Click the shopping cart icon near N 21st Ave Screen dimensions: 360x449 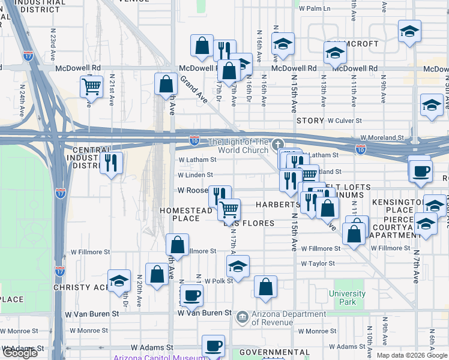coord(91,86)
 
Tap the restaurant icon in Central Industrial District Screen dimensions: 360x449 coord(111,163)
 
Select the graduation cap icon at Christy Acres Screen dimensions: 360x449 coord(119,280)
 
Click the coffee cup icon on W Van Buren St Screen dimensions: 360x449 coord(192,295)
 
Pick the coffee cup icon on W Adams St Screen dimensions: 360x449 coord(213,346)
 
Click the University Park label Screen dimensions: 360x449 coord(347,298)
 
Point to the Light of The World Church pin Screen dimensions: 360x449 coord(277,145)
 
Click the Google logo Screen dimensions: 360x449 coord(20,353)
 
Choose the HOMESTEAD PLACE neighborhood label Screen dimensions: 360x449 coord(185,214)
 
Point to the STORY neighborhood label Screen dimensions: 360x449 coord(310,121)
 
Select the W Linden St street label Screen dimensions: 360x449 coord(195,175)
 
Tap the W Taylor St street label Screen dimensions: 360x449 coord(318,263)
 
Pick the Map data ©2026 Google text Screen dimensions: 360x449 coord(412,355)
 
